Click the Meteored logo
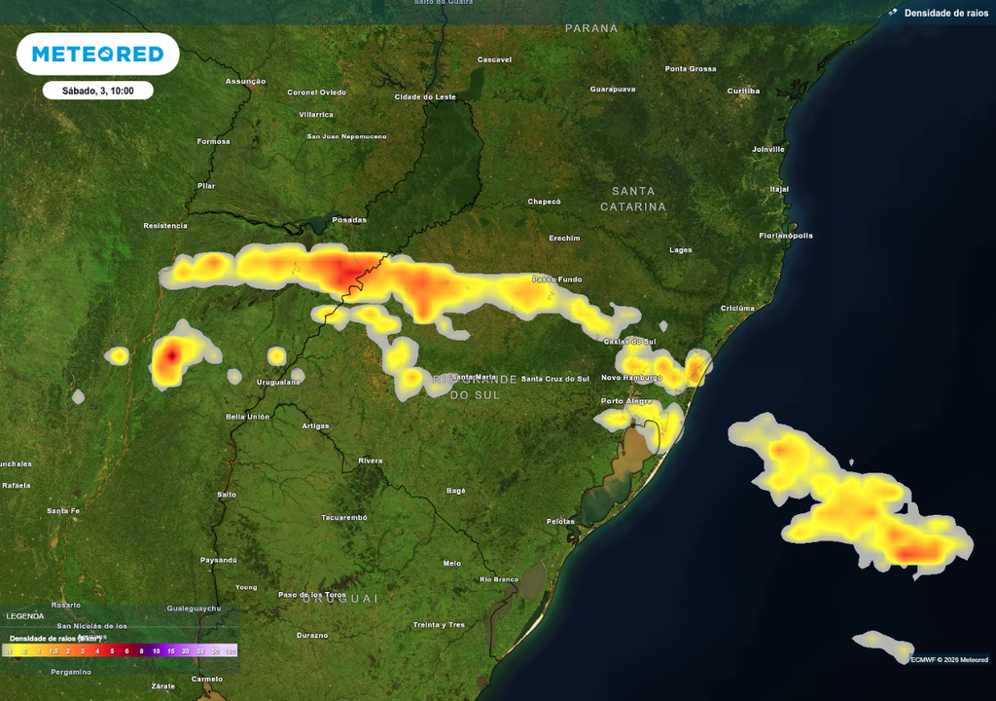pos(97,55)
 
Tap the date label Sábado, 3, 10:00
pos(97,91)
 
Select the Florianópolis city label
pos(786,236)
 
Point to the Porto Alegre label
pos(625,401)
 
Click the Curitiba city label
pos(743,91)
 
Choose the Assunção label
pos(245,81)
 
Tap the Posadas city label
pos(349,219)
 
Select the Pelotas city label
pos(560,522)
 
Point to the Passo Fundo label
pos(557,279)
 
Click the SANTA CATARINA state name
pos(633,199)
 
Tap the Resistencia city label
pos(165,225)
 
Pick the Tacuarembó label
pos(344,518)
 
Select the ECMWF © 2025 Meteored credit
pos(950,659)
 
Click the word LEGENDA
pos(25,616)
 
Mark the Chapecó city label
pos(545,202)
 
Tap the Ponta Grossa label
pos(691,69)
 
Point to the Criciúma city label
pos(737,308)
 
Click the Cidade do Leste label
pos(425,96)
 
